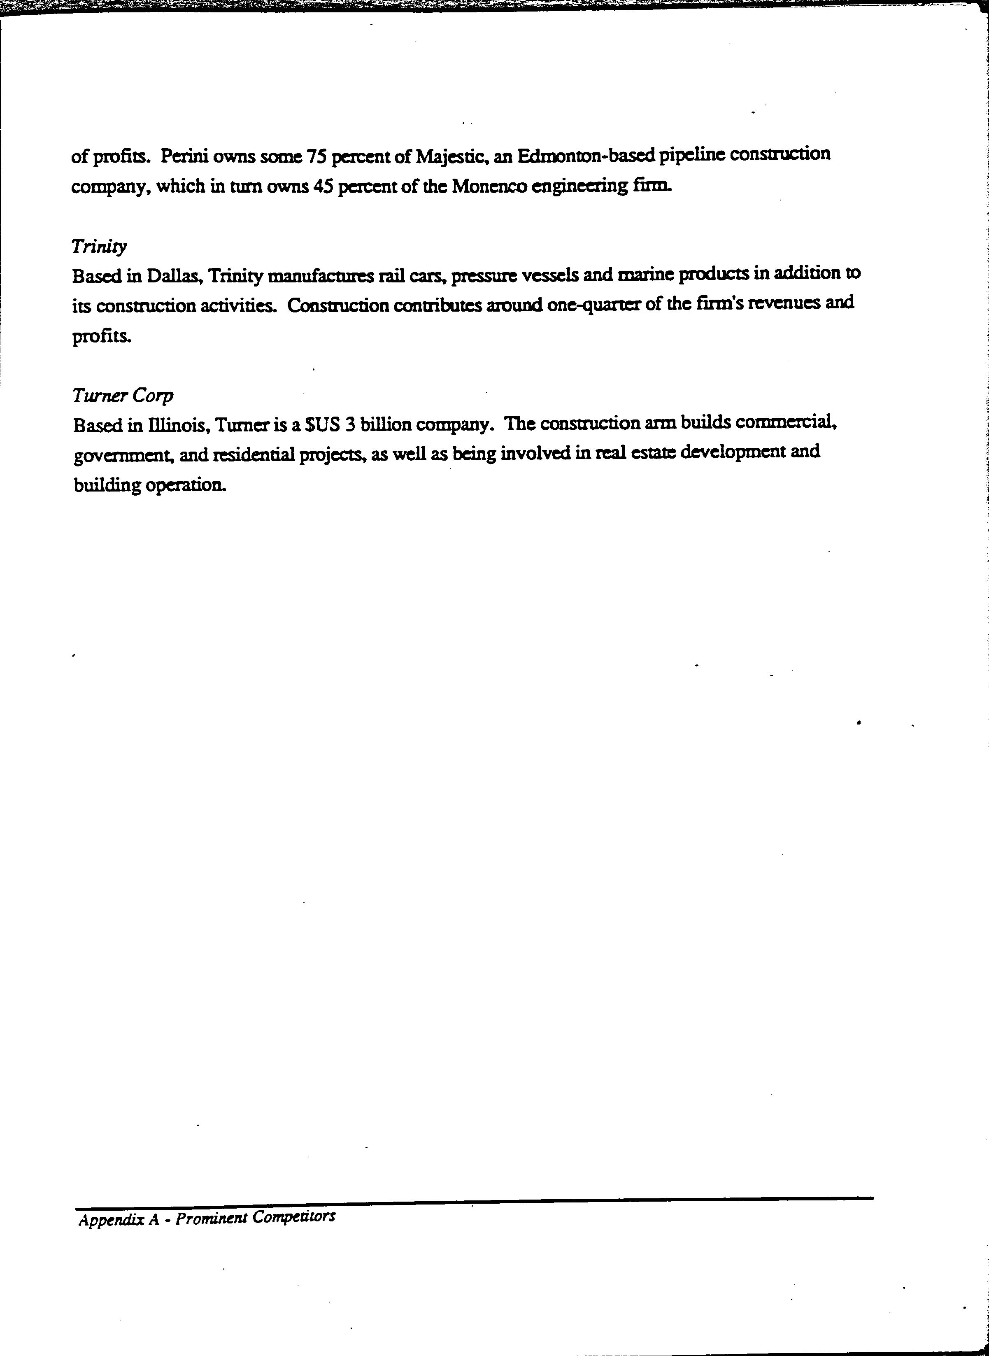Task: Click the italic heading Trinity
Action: pyautogui.click(x=99, y=246)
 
